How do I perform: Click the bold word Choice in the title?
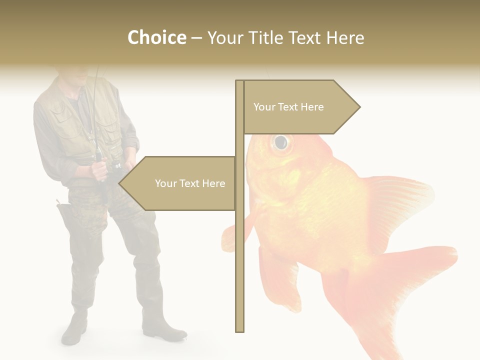pos(156,37)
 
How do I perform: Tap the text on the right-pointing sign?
pos(288,107)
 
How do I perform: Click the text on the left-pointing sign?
pos(190,183)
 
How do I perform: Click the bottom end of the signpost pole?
pos(240,329)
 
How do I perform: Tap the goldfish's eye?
pos(281,142)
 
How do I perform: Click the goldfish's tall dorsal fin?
pos(400,200)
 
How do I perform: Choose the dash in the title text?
pos(196,38)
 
